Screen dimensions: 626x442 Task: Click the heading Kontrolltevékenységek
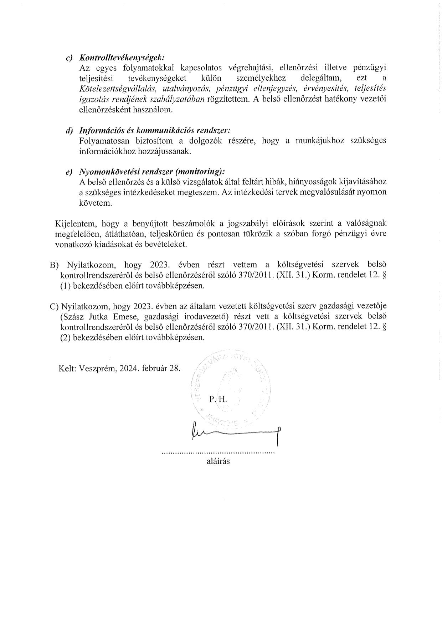122,57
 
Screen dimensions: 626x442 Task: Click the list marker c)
70,58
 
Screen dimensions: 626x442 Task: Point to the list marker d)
70,131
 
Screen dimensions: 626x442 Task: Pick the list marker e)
70,172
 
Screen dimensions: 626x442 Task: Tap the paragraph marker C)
54,306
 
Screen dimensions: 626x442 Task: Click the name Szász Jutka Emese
96,317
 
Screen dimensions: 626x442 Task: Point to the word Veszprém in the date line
97,369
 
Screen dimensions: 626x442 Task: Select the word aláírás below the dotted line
218,461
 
